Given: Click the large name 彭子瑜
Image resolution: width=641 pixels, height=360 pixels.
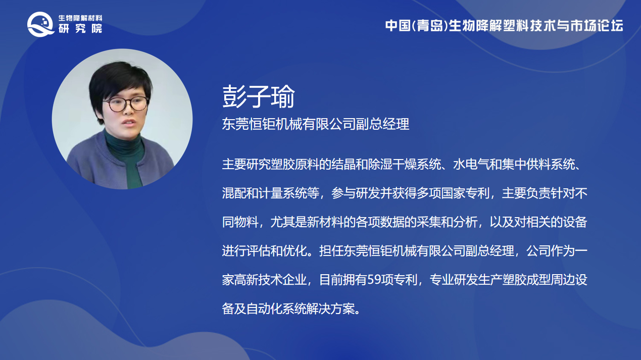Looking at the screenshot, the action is [x=259, y=96].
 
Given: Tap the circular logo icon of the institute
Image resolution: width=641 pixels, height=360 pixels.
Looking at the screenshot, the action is [x=40, y=24].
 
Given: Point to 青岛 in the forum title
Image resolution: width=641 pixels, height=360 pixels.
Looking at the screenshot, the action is [x=430, y=26].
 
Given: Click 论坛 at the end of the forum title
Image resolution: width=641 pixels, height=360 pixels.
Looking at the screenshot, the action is [x=610, y=26].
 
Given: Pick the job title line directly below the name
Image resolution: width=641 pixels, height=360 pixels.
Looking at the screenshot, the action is [x=316, y=124].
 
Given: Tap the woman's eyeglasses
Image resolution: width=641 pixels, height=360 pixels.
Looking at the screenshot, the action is [x=126, y=105].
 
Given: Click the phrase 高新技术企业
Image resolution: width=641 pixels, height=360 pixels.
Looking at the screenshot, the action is [x=270, y=280].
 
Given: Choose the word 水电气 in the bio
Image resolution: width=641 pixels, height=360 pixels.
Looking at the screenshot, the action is [x=471, y=165].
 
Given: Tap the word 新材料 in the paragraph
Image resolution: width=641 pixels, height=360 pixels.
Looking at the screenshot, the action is [x=325, y=222].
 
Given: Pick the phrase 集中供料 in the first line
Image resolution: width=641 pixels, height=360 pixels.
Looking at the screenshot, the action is [x=526, y=165].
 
